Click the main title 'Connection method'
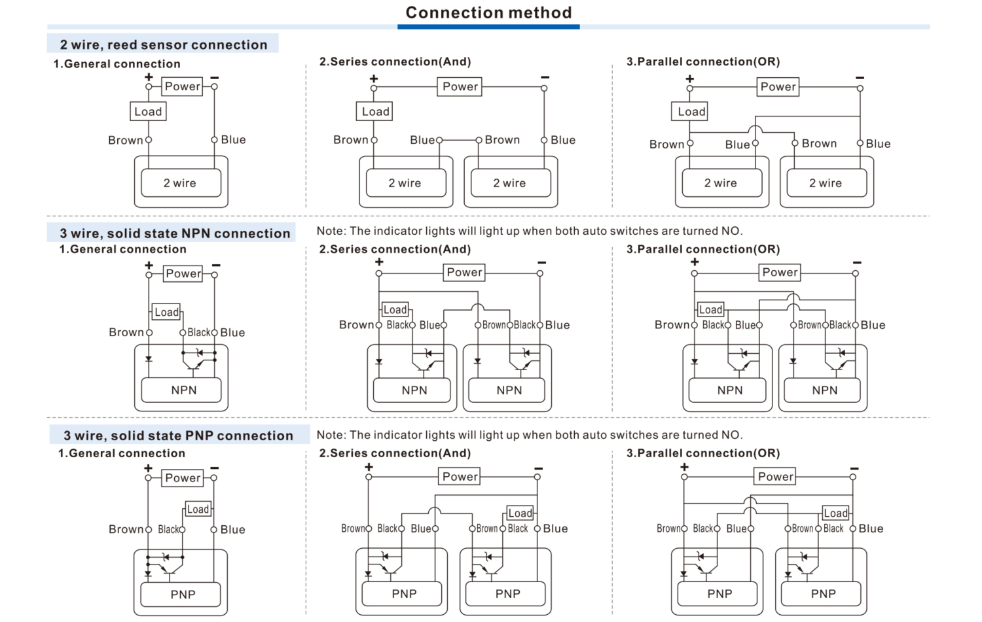(x=488, y=13)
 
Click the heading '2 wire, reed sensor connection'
(x=163, y=44)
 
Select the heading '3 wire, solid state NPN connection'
(x=174, y=233)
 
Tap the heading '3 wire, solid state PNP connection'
(x=178, y=436)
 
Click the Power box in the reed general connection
(x=182, y=86)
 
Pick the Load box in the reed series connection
(x=375, y=112)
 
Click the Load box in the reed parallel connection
(x=691, y=112)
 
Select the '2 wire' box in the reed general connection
(x=180, y=183)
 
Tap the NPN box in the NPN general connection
(x=183, y=390)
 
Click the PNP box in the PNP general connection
(x=183, y=595)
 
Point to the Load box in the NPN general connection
(x=166, y=313)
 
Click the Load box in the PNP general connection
(x=198, y=510)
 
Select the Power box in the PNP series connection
(x=460, y=477)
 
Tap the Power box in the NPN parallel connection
(x=780, y=273)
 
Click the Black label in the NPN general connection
(x=198, y=333)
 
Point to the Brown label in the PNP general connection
(x=126, y=530)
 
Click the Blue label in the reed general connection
(x=233, y=140)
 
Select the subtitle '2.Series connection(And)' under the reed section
(x=395, y=62)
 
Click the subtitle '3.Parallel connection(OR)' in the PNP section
(x=703, y=453)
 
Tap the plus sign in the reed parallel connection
(x=689, y=78)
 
